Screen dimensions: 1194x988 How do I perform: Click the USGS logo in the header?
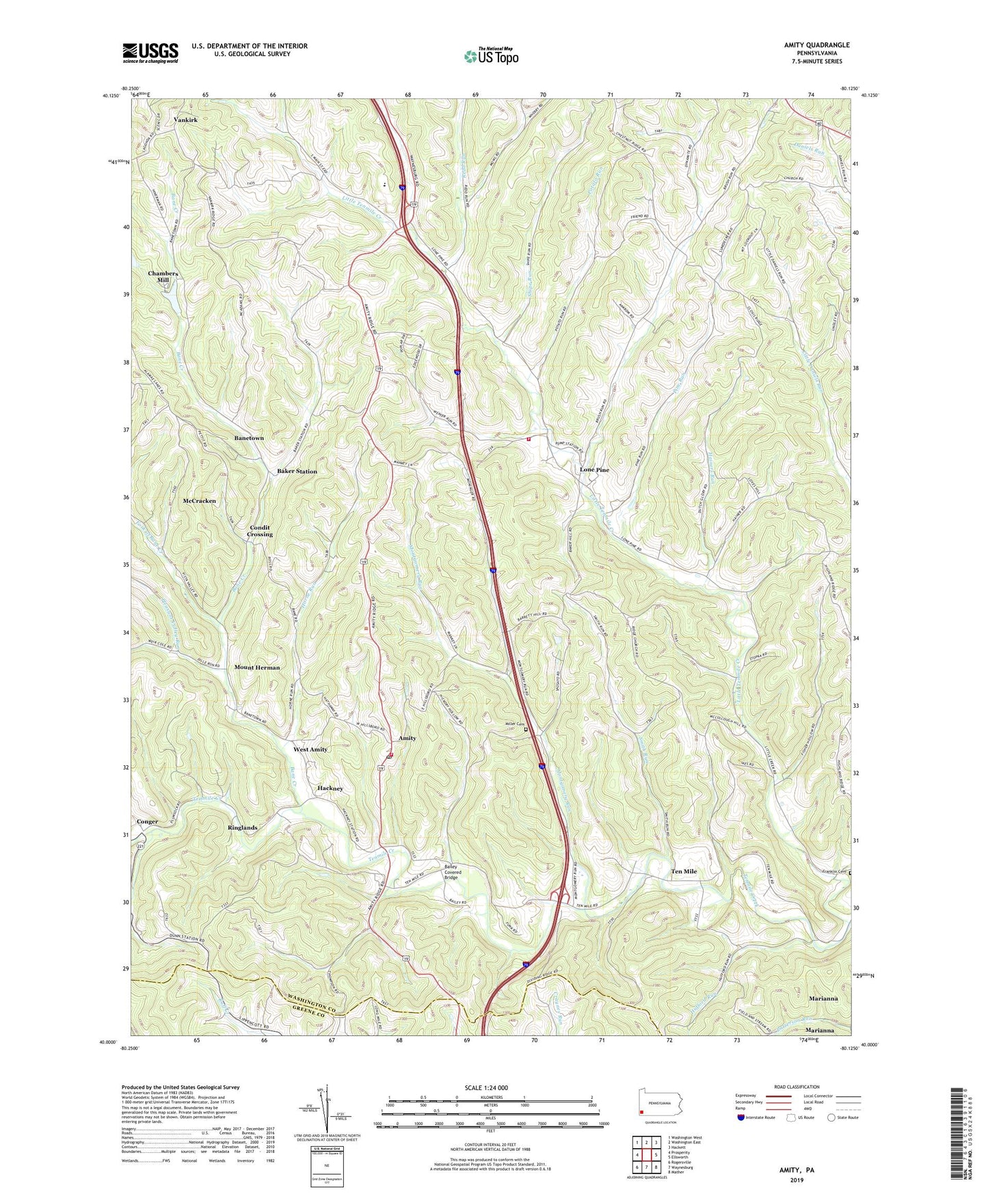pyautogui.click(x=150, y=52)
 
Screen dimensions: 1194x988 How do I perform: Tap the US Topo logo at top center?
pyautogui.click(x=490, y=55)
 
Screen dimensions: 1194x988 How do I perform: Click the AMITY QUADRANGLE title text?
pyautogui.click(x=816, y=45)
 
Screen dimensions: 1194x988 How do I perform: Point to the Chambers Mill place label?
pyautogui.click(x=163, y=276)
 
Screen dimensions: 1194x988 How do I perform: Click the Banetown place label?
pyautogui.click(x=249, y=438)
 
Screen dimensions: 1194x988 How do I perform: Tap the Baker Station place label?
pyautogui.click(x=297, y=471)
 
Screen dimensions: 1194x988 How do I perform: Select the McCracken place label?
pyautogui.click(x=200, y=501)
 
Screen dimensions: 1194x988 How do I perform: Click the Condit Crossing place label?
pyautogui.click(x=260, y=531)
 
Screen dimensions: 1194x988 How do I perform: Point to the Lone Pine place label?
pyautogui.click(x=594, y=470)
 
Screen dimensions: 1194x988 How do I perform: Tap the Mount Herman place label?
pyautogui.click(x=257, y=667)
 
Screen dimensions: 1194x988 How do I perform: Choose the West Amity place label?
pyautogui.click(x=310, y=749)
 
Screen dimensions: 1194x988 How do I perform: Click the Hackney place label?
pyautogui.click(x=330, y=788)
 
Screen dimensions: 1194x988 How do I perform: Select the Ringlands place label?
pyautogui.click(x=242, y=827)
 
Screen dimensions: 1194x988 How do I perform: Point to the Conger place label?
pyautogui.click(x=147, y=821)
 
